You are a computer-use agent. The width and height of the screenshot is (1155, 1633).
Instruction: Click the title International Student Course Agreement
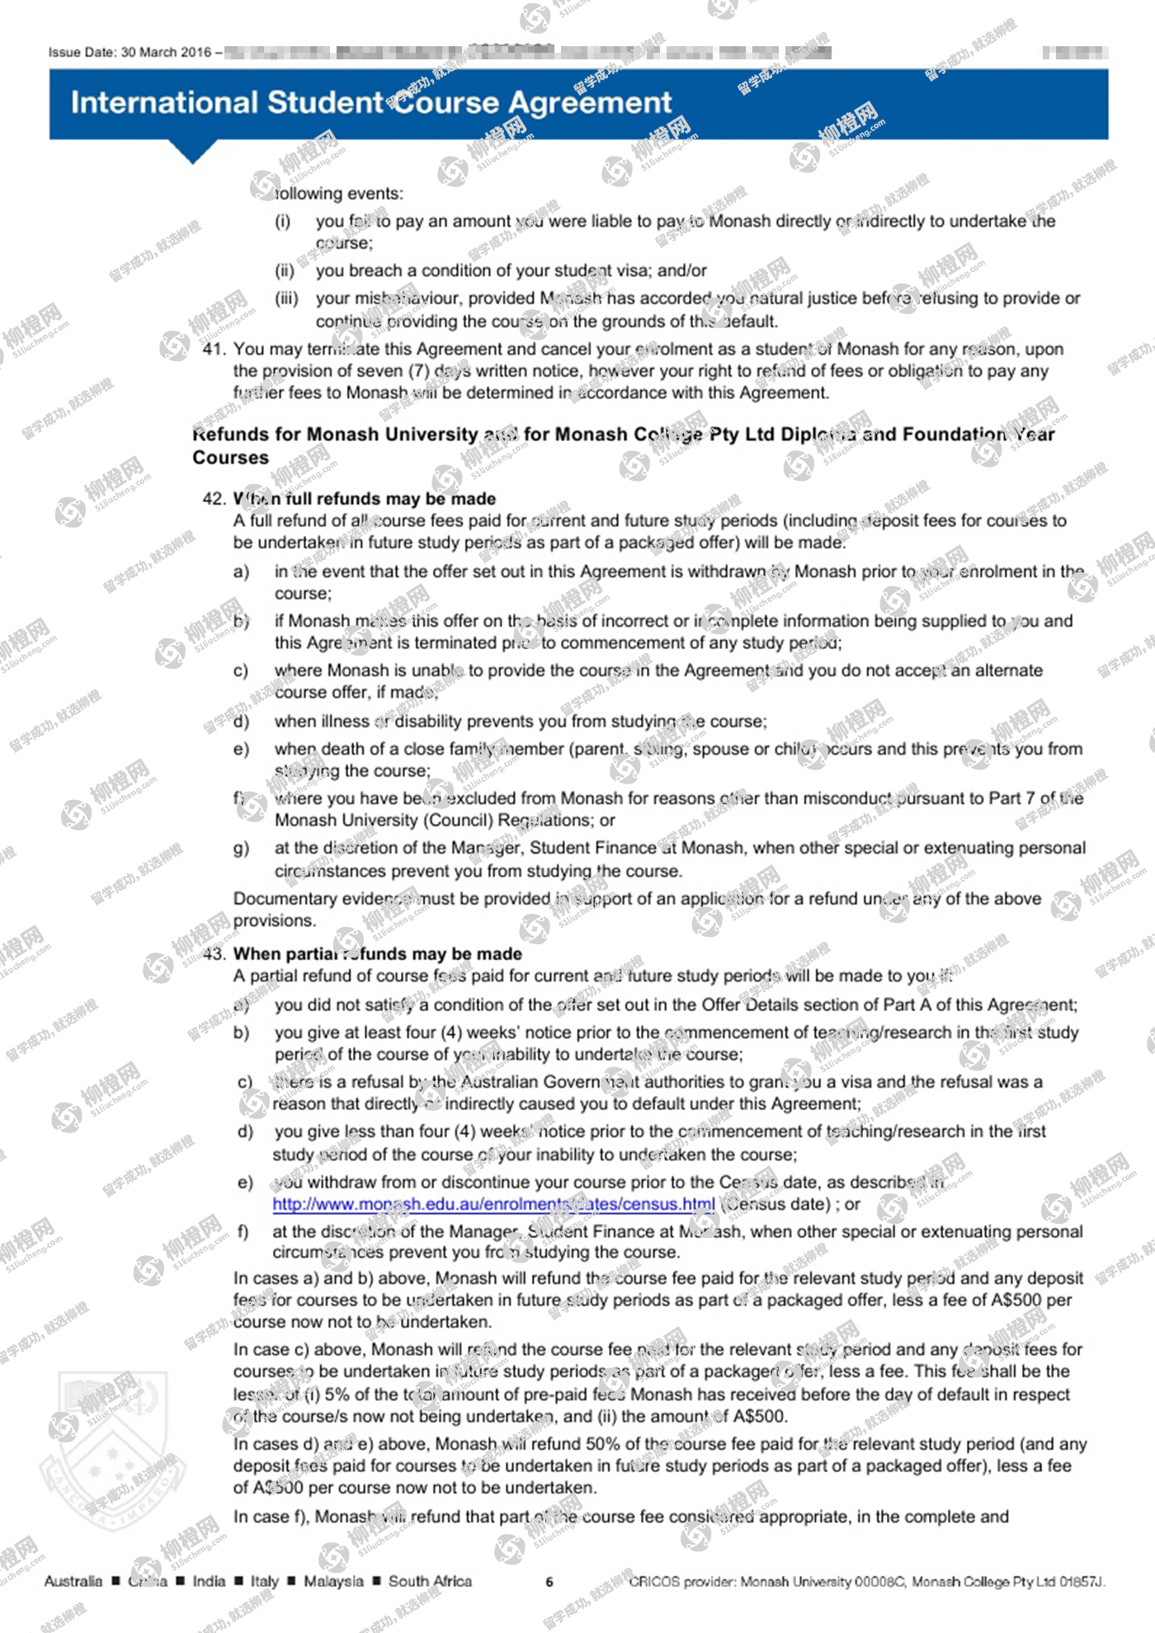[x=371, y=103]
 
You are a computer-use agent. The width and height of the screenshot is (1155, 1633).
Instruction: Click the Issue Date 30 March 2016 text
[x=130, y=53]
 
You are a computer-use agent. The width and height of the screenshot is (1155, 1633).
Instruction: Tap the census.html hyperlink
[x=493, y=1204]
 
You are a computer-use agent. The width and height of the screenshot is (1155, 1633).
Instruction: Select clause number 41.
[x=214, y=349]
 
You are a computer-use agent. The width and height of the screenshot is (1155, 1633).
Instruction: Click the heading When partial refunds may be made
[x=378, y=954]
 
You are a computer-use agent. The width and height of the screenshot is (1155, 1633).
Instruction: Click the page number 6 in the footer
[x=549, y=1582]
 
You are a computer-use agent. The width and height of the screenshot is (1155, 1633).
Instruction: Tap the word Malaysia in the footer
[x=333, y=1581]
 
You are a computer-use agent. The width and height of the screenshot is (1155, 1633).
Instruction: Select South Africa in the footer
[x=430, y=1581]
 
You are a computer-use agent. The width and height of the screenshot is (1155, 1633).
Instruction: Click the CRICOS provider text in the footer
[x=866, y=1582]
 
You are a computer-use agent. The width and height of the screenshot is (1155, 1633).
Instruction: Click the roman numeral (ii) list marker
[x=285, y=271]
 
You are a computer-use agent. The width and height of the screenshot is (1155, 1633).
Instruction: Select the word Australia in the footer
[x=73, y=1581]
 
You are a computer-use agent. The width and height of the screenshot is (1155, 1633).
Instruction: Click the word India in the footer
[x=209, y=1581]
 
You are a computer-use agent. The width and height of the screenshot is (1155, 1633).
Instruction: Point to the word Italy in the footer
[x=265, y=1581]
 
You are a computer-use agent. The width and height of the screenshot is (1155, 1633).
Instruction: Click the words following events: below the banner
[x=339, y=194]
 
